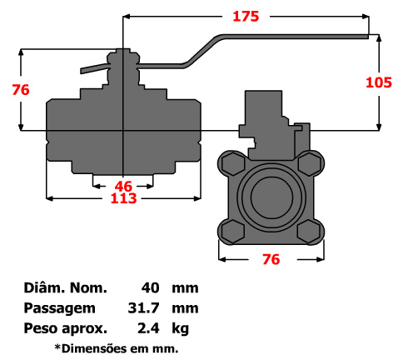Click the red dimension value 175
246,16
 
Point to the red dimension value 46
123,185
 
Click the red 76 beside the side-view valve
21,89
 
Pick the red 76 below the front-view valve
270,259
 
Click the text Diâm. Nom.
67,288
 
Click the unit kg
180,327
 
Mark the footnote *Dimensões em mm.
117,347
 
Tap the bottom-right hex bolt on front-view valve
311,229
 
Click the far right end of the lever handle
366,37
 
